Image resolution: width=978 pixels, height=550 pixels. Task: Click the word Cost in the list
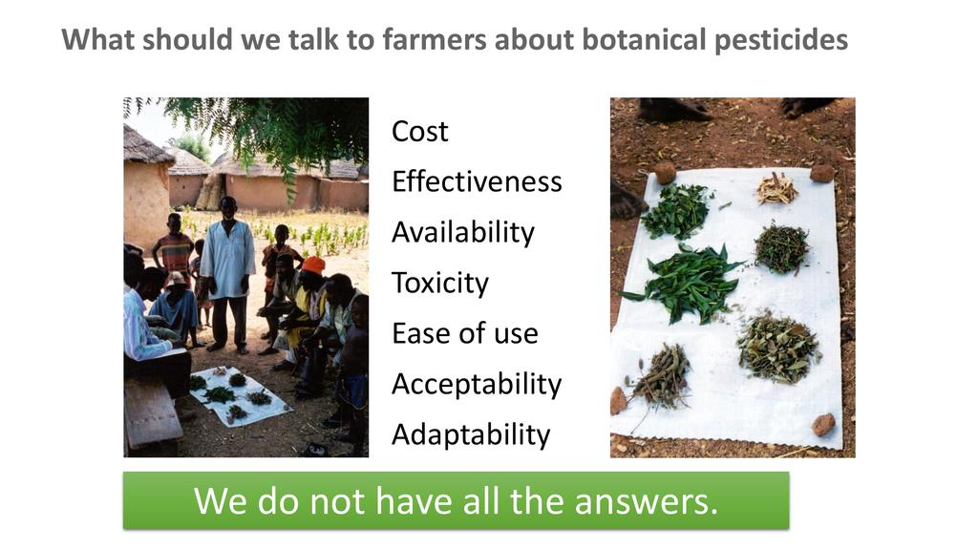tap(420, 132)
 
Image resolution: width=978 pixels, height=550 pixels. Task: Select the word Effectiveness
tap(477, 182)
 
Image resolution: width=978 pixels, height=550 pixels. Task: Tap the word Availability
tap(463, 234)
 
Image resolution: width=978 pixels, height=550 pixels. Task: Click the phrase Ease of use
tap(465, 333)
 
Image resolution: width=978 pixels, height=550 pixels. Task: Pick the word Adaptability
tap(471, 435)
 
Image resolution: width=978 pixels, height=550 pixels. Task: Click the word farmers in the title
tap(435, 39)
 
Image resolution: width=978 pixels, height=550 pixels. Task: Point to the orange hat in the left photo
tap(313, 265)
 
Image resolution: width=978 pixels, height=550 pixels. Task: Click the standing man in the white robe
tap(227, 274)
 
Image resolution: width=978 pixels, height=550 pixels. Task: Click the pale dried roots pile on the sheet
tap(777, 189)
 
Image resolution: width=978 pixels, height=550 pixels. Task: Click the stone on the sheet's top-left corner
tap(665, 173)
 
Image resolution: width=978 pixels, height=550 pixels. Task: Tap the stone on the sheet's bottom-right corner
tap(823, 425)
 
